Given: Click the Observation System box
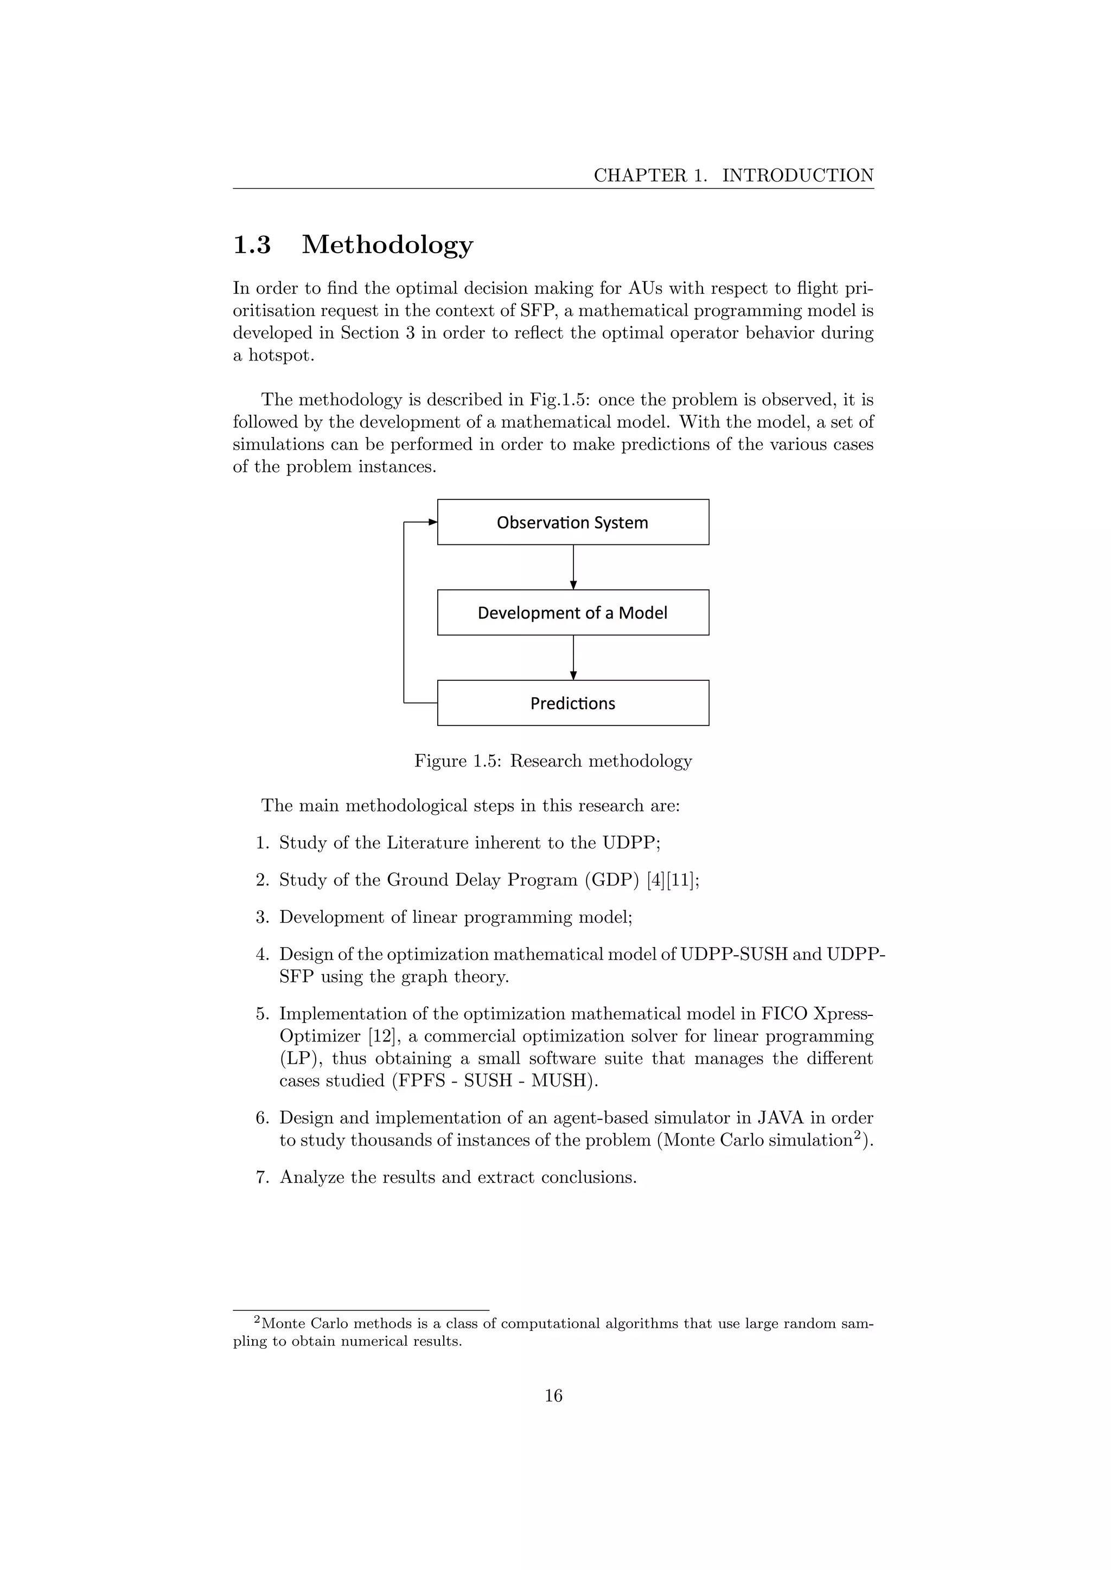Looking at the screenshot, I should coord(573,523).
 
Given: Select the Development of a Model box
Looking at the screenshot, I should coord(573,613).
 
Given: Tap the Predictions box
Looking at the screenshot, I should coord(573,703).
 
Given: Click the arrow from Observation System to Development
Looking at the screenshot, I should coord(573,567).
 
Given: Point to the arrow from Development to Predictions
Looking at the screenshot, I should coord(573,657).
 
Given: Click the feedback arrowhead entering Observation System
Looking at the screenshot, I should coord(432,522).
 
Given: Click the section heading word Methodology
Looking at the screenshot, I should coord(387,245).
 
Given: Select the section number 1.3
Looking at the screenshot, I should coord(252,245).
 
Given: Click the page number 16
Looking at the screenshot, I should coord(553,1395).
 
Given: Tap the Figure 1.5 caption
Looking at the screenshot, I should coord(553,761).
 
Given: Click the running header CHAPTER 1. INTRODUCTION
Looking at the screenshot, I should coord(733,176).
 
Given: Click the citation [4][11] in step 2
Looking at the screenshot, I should coord(673,880).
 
